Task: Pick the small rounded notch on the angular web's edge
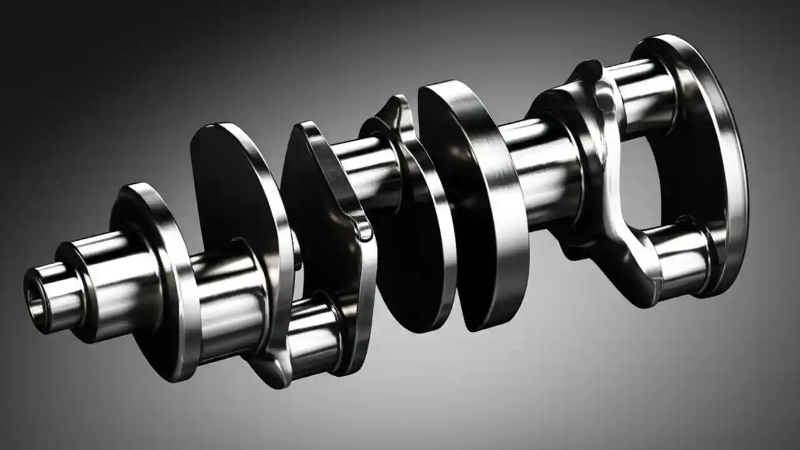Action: (x=364, y=231)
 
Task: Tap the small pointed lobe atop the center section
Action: (x=391, y=109)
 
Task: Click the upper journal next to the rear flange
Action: (x=637, y=94)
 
